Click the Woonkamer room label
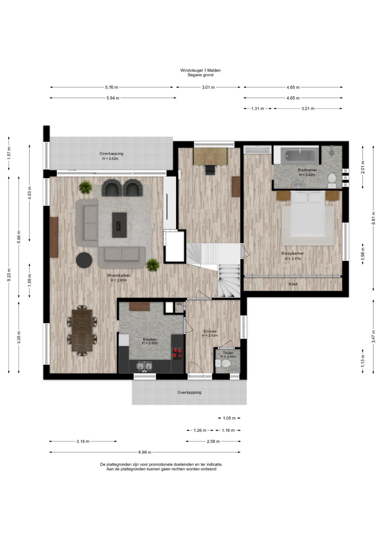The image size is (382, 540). point(119,275)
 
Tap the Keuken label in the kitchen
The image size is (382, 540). point(150,339)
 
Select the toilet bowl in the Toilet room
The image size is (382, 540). point(223,363)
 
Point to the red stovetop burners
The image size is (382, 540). point(177,353)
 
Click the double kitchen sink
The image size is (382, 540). point(144,366)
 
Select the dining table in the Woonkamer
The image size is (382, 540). point(82,330)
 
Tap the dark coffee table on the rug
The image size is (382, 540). point(119,225)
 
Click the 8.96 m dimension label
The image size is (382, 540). point(145,452)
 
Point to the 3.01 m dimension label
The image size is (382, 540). point(208,87)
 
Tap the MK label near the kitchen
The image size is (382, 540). point(179,304)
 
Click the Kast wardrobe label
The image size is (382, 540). point(293,284)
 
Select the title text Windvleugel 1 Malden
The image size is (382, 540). point(201,70)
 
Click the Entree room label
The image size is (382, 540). point(210,331)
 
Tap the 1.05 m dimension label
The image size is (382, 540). point(229,418)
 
